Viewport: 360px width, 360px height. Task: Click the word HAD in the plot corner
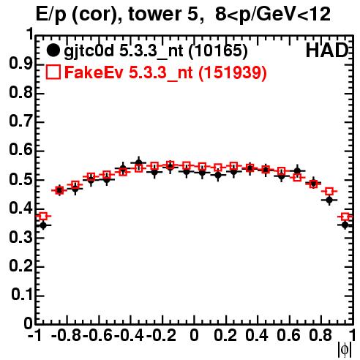tap(327, 50)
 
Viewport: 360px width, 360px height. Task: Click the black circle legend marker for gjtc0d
tap(53, 50)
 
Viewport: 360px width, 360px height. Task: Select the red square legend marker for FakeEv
tap(53, 72)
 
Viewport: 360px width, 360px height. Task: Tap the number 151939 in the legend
tap(232, 72)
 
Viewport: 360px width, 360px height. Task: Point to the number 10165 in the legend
tap(218, 50)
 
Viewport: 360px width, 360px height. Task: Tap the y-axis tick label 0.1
tap(21, 294)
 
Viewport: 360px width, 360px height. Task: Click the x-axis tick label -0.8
tap(67, 335)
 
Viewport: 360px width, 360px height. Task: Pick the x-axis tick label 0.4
tap(257, 335)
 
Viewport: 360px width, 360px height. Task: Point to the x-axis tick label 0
tap(194, 335)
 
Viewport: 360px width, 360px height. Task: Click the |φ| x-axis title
tap(345, 350)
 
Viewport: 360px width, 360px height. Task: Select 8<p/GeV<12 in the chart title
tap(273, 15)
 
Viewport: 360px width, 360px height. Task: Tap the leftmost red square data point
tap(43, 216)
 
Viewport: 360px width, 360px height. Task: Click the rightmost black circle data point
tap(345, 225)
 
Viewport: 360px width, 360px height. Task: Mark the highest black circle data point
tap(138, 162)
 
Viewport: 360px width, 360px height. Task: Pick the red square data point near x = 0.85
tap(329, 191)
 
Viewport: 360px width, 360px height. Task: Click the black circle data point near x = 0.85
tap(329, 200)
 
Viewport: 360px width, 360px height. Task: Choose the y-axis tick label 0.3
tap(20, 236)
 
